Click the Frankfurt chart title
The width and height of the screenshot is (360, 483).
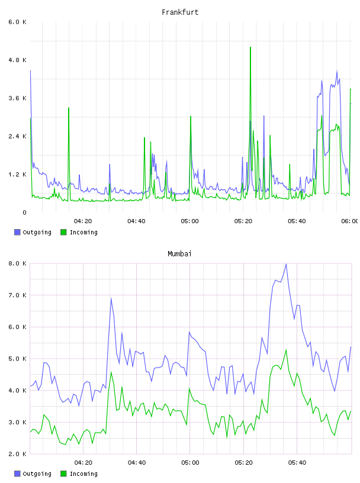pyautogui.click(x=180, y=12)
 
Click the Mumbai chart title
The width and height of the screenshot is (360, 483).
pyautogui.click(x=179, y=254)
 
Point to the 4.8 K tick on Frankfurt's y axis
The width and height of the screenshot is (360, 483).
pyautogui.click(x=17, y=60)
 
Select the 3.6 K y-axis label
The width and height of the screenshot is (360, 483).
pyautogui.click(x=17, y=98)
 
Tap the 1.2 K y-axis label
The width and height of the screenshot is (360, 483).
pyautogui.click(x=17, y=175)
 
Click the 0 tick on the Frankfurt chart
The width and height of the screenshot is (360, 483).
pyautogui.click(x=24, y=212)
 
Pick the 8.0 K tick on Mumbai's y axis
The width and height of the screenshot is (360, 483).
pyautogui.click(x=17, y=263)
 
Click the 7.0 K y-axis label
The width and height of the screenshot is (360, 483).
pyautogui.click(x=17, y=295)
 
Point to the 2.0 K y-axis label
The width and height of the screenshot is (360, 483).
pyautogui.click(x=17, y=454)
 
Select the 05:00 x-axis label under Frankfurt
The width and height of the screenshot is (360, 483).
pyautogui.click(x=190, y=221)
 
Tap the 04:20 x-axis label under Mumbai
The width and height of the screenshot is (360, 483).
pyautogui.click(x=83, y=463)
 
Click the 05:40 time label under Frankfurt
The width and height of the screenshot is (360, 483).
pyautogui.click(x=297, y=221)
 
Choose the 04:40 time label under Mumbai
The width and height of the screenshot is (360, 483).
pyautogui.click(x=137, y=463)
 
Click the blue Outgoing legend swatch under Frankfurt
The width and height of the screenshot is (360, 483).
pyautogui.click(x=17, y=232)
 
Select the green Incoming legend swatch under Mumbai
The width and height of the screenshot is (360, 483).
pyautogui.click(x=63, y=474)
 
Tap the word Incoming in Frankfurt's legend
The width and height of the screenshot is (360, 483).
pyautogui.click(x=83, y=233)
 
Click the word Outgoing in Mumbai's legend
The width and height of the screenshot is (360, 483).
pyautogui.click(x=37, y=474)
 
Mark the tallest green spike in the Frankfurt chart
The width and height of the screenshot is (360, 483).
pyautogui.click(x=250, y=47)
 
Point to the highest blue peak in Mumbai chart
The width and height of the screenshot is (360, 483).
pyautogui.click(x=286, y=264)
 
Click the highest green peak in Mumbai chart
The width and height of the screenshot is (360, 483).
pyautogui.click(x=286, y=350)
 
